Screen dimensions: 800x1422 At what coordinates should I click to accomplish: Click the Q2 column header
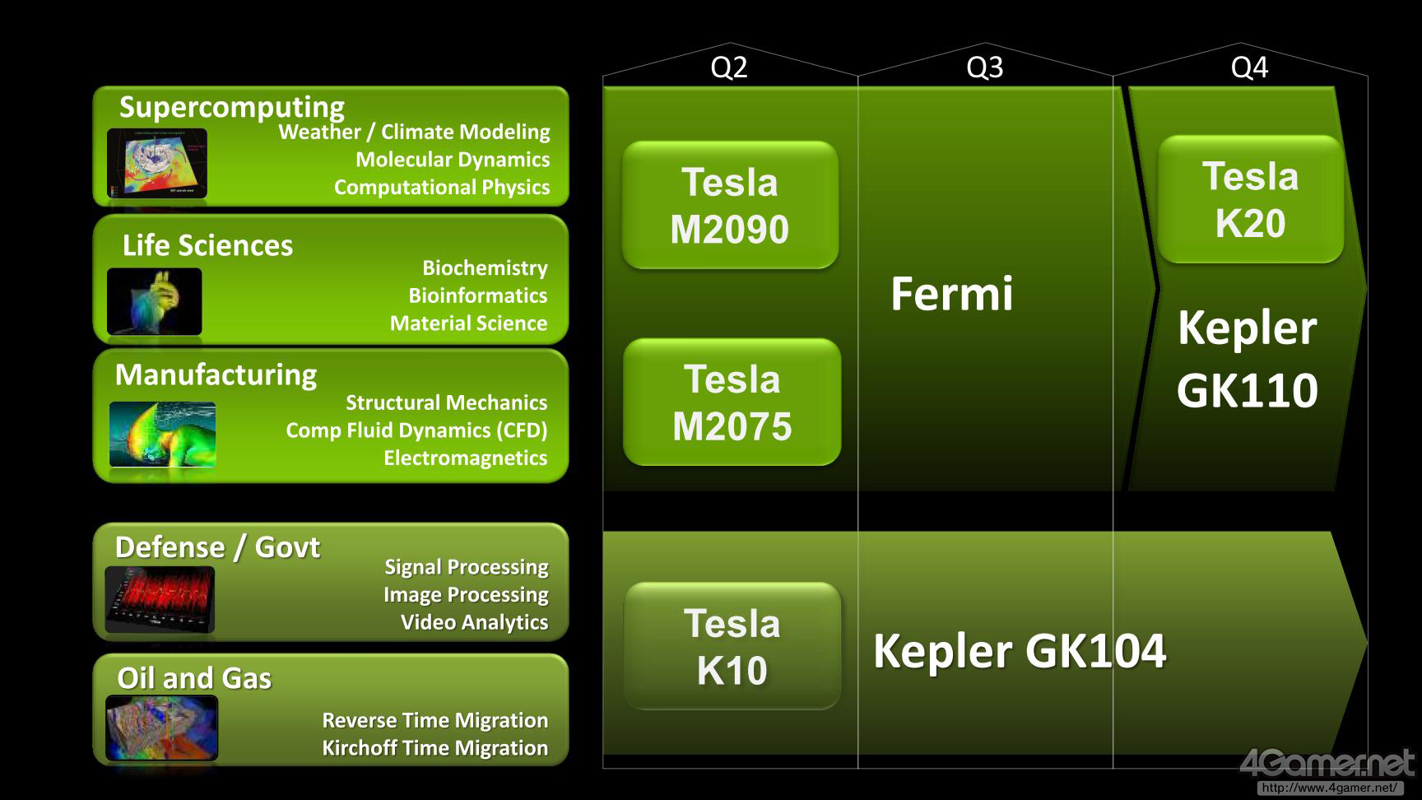[729, 67]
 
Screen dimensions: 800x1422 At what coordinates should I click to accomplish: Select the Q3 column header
[984, 67]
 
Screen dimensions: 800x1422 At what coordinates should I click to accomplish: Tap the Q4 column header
[1248, 67]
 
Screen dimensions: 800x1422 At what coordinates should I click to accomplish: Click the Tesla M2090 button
[730, 205]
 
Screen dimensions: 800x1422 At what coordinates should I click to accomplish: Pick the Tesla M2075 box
[732, 402]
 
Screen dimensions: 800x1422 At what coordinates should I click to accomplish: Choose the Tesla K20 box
[1250, 199]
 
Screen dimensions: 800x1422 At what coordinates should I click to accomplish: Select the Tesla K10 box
[732, 646]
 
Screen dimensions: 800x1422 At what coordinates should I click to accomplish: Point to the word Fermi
[951, 294]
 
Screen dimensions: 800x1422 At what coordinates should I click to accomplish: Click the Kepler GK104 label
[1019, 651]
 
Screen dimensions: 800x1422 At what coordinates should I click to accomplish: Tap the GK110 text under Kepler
[1247, 390]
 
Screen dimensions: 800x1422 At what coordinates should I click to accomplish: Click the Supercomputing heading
[232, 107]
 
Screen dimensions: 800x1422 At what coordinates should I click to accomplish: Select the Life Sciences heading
[207, 245]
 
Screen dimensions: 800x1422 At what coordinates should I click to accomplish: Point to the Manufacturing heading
[216, 374]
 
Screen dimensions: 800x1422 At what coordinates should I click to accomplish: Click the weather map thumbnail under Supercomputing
[157, 164]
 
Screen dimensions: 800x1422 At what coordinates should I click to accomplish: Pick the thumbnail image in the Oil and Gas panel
[162, 728]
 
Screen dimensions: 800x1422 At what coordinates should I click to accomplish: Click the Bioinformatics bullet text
[477, 295]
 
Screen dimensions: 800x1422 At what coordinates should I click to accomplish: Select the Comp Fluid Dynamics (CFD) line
[416, 430]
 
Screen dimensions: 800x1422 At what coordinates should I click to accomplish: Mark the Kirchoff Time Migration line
[434, 748]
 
